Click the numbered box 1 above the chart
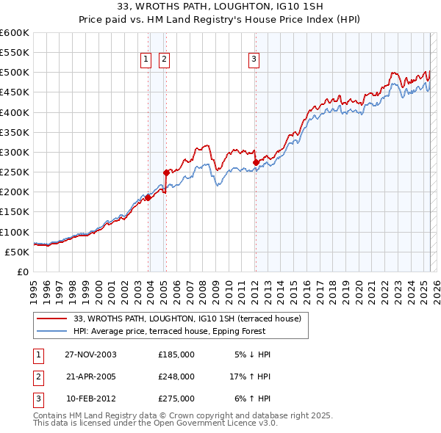point(146,60)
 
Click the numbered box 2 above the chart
point(163,60)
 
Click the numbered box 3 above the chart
point(254,60)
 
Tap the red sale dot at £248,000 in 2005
point(166,173)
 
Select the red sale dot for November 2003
point(148,197)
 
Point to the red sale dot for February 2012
point(256,162)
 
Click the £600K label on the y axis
point(15,33)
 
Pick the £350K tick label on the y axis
point(15,133)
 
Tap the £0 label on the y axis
point(22,272)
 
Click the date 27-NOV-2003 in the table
point(91,354)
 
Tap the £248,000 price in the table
point(176,376)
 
